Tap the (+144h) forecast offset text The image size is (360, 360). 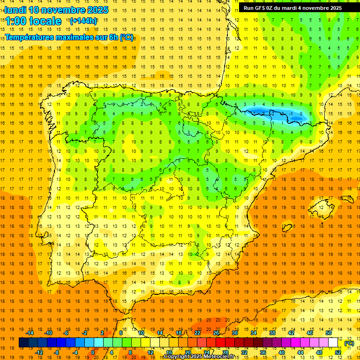point(83,21)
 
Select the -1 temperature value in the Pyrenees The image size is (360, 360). point(292,113)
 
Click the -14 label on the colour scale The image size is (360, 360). point(30,333)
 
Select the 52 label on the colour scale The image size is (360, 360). point(338,352)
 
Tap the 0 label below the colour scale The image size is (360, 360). point(93,352)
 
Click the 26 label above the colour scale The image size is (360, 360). point(216,333)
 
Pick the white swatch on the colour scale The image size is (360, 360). point(333,343)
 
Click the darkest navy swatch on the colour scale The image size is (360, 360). point(23,343)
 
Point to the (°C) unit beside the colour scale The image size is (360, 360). point(349,343)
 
